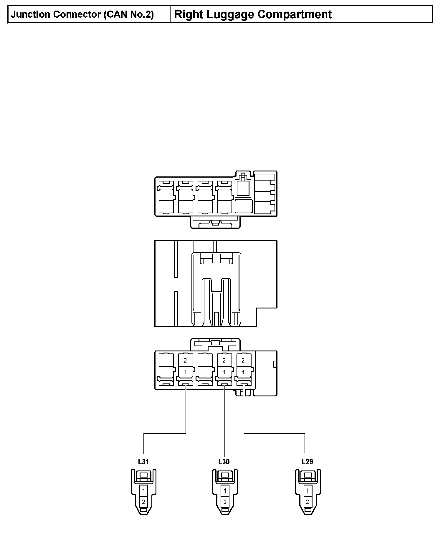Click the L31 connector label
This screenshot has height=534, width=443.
(x=143, y=462)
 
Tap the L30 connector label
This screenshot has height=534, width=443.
(x=224, y=462)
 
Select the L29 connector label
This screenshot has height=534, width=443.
(x=307, y=462)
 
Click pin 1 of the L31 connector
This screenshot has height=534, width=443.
(x=143, y=491)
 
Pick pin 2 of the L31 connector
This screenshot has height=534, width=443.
(x=143, y=502)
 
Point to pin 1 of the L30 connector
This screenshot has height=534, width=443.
(x=225, y=491)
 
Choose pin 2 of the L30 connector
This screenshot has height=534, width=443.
(x=225, y=502)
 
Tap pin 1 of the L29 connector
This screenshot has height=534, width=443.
(x=308, y=491)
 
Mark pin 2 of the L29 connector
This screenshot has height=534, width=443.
(x=308, y=502)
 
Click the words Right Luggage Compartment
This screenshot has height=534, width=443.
(x=253, y=14)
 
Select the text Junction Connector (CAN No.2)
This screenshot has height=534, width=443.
(x=82, y=14)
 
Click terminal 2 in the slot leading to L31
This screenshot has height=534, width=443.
(x=185, y=360)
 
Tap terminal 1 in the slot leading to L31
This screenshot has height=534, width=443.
(x=185, y=372)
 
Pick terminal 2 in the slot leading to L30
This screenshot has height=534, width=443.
(x=224, y=360)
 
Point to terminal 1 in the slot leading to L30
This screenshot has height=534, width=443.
(x=224, y=372)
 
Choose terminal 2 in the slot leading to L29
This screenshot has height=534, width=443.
(x=243, y=360)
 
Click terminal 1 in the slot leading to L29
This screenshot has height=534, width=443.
(x=243, y=372)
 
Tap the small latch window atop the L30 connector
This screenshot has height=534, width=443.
(x=225, y=475)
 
